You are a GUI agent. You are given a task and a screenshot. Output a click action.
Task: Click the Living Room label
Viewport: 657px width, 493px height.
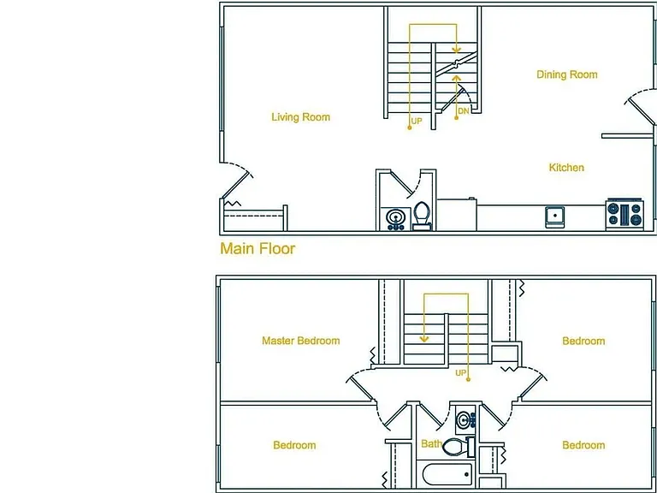click(x=301, y=117)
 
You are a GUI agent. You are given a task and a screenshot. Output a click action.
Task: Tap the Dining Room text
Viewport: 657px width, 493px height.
click(x=567, y=74)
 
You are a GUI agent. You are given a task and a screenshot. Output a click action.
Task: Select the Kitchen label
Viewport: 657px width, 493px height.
click(x=566, y=168)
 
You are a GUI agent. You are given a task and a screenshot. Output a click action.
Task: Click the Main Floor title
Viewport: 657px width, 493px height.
click(x=257, y=248)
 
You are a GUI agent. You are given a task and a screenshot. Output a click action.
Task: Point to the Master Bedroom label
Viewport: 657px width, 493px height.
click(x=301, y=341)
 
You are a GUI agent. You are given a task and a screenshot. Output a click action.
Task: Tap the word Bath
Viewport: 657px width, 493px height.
click(x=431, y=444)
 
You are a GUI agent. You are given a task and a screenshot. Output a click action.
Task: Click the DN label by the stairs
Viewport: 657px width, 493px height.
click(x=464, y=111)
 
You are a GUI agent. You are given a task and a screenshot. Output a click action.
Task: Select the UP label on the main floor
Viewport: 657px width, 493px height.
click(x=417, y=122)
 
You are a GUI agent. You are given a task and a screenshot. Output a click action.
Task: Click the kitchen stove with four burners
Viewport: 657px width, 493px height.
click(x=624, y=214)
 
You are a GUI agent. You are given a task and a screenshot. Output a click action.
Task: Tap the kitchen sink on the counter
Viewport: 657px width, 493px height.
click(x=554, y=217)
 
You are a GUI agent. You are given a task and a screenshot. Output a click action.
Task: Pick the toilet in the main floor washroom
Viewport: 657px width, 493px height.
click(x=422, y=217)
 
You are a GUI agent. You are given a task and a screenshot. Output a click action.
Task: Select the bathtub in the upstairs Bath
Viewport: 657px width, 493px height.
click(x=447, y=474)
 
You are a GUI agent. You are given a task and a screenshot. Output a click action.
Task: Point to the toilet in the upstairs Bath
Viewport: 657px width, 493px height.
click(x=459, y=448)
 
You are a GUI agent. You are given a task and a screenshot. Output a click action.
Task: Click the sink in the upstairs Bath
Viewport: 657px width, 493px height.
click(x=465, y=419)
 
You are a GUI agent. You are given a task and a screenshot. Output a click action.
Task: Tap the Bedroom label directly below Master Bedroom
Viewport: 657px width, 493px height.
click(x=294, y=445)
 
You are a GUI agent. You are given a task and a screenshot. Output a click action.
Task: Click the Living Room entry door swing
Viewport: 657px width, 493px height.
click(x=237, y=180)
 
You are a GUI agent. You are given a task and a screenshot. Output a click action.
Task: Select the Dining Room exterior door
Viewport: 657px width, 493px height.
click(x=640, y=106)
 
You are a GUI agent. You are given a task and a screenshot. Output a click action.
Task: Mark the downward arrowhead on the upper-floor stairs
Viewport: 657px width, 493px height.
click(x=424, y=338)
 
